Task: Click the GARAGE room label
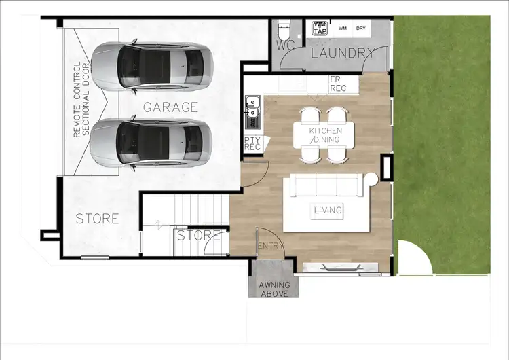pos(170,107)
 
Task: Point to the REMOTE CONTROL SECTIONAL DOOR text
pos(81,100)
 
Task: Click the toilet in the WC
pos(284,31)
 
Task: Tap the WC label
pos(285,46)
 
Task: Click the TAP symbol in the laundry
pos(319,29)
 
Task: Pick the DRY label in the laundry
pos(361,29)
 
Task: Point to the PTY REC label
pos(252,143)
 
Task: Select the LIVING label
pos(328,210)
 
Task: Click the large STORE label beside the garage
pos(97,219)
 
